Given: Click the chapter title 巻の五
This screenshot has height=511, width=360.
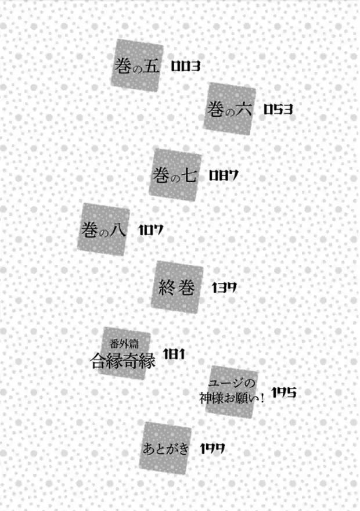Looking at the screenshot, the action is click(x=137, y=66).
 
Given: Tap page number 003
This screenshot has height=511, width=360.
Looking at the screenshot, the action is click(x=185, y=66).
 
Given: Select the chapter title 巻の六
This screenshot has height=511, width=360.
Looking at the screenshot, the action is click(x=229, y=109).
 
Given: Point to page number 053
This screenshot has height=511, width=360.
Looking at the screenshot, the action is click(x=278, y=109).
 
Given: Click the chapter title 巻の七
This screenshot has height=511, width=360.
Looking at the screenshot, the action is click(x=175, y=175).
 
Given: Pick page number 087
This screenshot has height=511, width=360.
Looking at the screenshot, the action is click(x=224, y=175).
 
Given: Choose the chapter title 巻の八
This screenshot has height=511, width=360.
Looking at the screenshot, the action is click(x=103, y=229).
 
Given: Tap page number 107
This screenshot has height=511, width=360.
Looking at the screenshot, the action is click(x=151, y=231).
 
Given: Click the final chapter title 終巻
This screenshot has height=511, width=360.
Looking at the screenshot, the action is click(x=177, y=288).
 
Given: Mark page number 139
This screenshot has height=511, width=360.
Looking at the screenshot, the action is click(x=224, y=288).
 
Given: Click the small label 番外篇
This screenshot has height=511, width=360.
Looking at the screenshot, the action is click(x=124, y=344).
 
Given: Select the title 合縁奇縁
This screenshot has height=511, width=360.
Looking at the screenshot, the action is click(x=123, y=360).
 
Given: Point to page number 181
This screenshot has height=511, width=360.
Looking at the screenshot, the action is click(x=174, y=354).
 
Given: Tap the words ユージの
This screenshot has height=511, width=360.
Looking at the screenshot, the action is click(x=232, y=383).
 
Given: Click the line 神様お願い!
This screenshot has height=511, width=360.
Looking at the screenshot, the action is click(x=232, y=398).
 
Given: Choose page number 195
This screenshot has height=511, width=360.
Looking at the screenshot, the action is click(x=284, y=393).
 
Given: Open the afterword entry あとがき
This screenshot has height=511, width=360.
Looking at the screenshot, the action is click(x=165, y=449).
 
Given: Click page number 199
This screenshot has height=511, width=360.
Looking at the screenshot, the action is click(x=212, y=449).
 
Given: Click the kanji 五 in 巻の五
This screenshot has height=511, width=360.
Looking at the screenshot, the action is click(x=152, y=66).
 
